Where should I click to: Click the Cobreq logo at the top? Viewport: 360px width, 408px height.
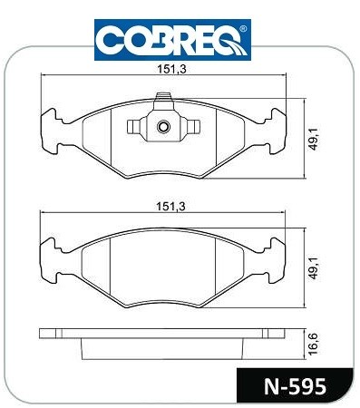point(172,40)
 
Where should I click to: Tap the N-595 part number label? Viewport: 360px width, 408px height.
point(296,386)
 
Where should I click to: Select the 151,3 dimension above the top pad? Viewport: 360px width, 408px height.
point(171,69)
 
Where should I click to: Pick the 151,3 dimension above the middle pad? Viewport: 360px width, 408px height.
point(170,207)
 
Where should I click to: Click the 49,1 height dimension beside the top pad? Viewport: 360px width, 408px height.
point(315,138)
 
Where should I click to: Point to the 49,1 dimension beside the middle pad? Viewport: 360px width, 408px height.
point(315,268)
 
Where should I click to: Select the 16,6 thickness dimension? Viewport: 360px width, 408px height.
point(315,344)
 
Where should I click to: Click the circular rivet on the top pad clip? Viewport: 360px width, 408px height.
point(163,126)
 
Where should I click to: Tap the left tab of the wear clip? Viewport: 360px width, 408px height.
point(133,126)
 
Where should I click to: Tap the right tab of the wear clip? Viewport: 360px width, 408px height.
point(193,126)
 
